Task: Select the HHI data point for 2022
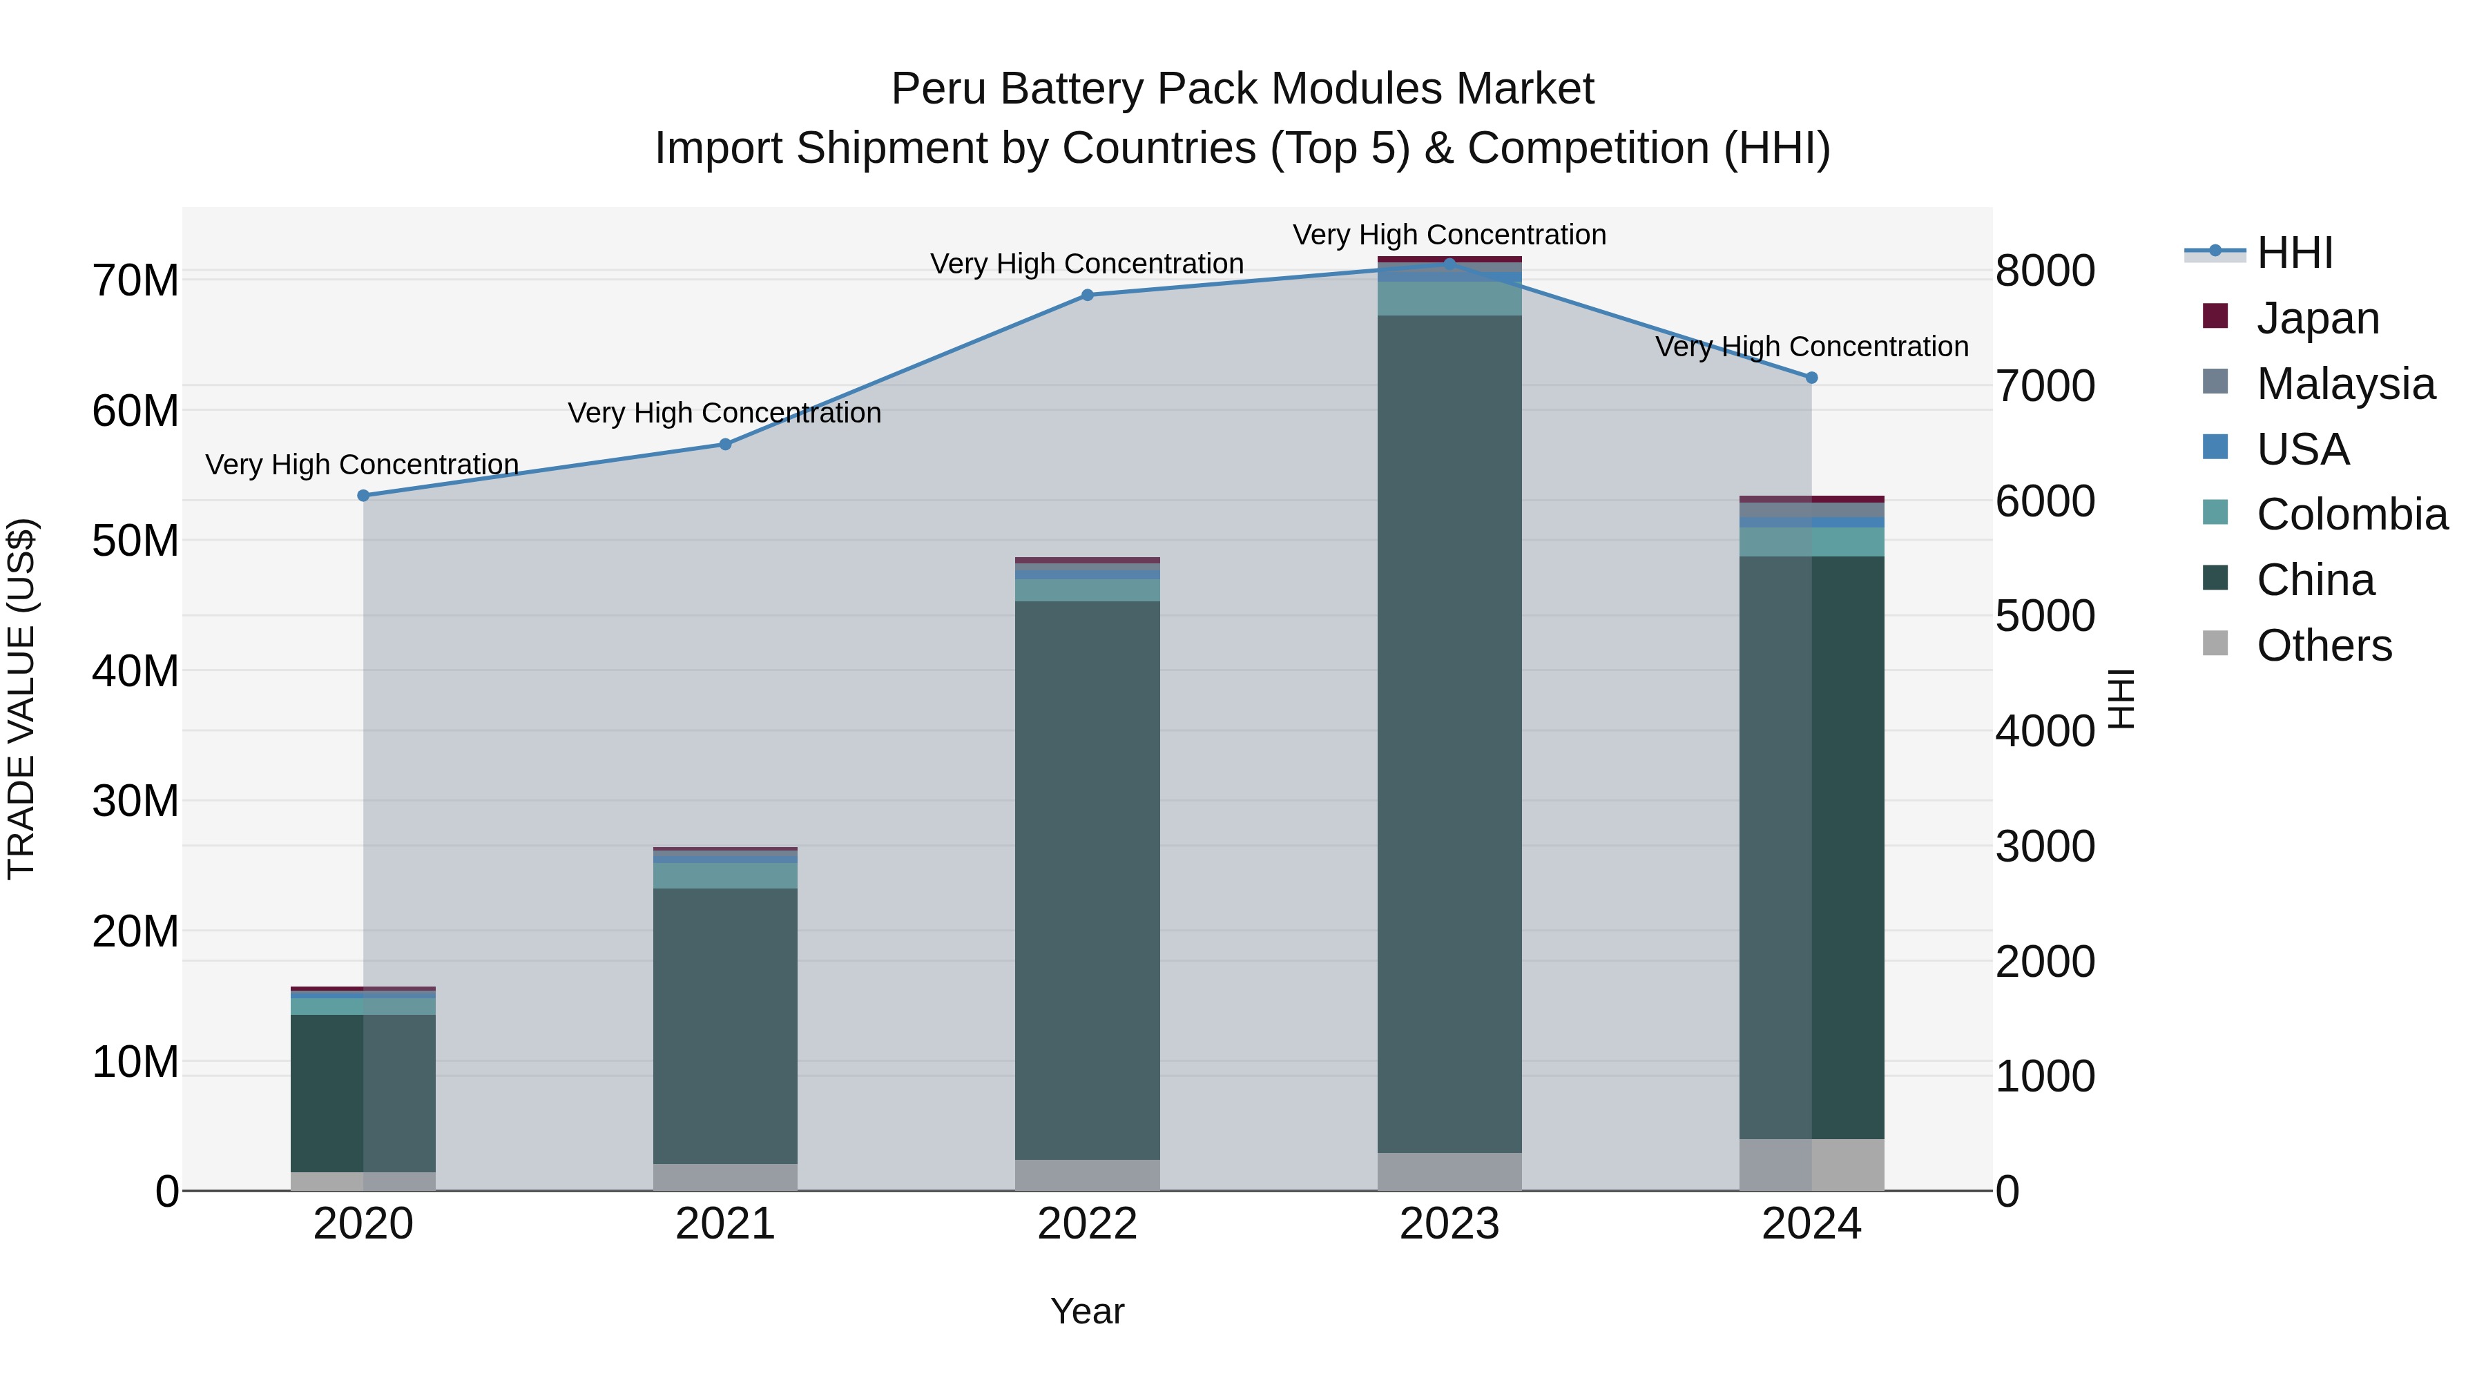1088,295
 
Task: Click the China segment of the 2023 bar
1449,733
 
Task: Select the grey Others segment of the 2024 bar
1811,1165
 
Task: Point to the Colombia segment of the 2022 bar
1088,590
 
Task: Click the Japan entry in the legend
2317,318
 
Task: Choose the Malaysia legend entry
2345,384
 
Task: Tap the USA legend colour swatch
2216,447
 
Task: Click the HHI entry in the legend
2294,253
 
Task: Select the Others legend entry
2324,645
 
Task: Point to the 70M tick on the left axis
135,281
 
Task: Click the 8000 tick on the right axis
2045,271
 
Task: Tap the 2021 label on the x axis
726,1224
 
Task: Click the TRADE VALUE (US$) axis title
21,699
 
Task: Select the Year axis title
1088,1311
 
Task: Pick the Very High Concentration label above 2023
1449,235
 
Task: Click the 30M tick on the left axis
135,801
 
